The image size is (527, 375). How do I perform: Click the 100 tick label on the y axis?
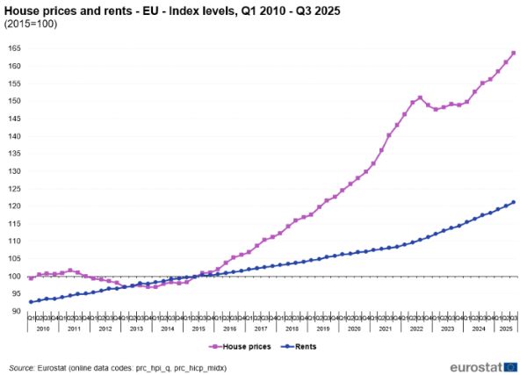(15, 277)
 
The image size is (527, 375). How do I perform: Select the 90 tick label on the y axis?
(17, 312)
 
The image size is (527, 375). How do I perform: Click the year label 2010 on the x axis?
(43, 328)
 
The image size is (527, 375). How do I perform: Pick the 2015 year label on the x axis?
(199, 328)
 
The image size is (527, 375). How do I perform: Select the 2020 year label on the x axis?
(355, 328)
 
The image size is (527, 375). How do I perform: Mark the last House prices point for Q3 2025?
(513, 53)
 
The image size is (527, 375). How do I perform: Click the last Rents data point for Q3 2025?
(513, 202)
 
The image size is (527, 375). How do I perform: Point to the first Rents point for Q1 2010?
(32, 302)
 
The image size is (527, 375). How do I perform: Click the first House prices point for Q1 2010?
(32, 278)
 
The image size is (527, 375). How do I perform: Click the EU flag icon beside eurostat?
(511, 364)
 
